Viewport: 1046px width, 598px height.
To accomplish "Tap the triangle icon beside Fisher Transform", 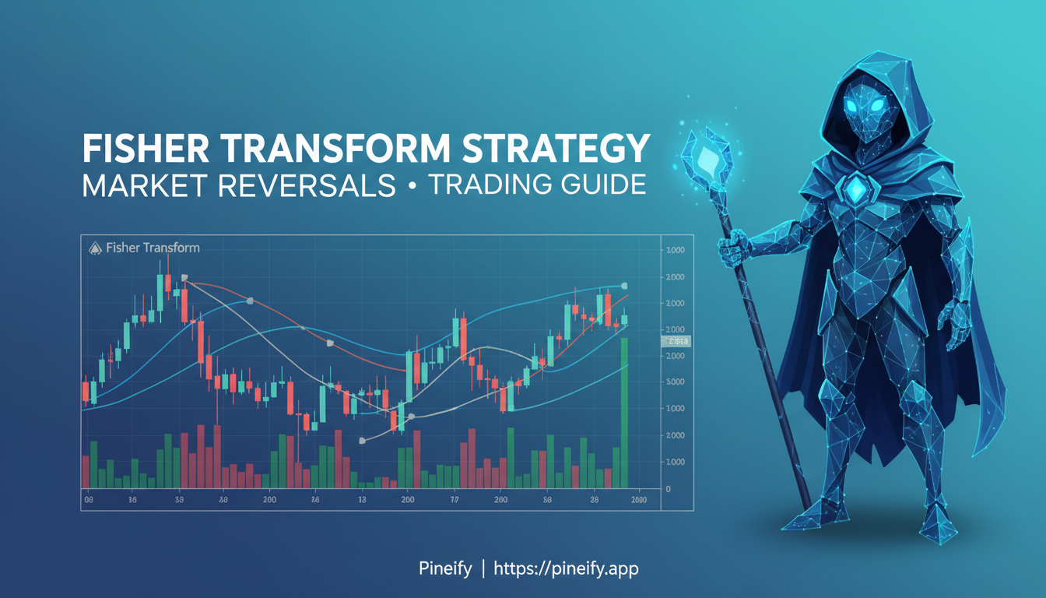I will (95, 248).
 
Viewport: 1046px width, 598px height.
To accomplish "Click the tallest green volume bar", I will (624, 413).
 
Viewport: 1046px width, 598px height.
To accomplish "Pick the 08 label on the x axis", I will (88, 501).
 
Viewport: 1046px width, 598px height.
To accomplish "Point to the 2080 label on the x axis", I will (638, 501).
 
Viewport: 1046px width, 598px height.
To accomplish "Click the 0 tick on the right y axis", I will (667, 488).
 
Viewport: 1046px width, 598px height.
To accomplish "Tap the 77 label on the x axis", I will (455, 501).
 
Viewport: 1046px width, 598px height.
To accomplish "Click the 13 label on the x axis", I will (362, 501).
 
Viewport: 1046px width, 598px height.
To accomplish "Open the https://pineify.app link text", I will (566, 569).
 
